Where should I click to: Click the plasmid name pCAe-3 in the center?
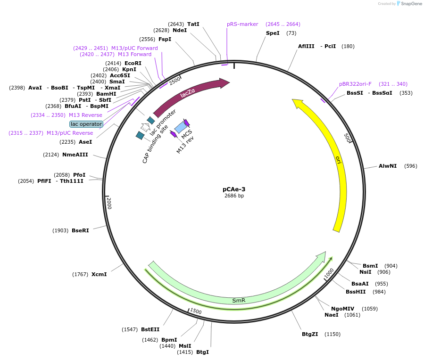point(234,189)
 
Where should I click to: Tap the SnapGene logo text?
point(411,3)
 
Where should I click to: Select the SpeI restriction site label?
point(273,33)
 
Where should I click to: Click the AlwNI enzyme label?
point(388,166)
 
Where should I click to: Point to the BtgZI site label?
point(310,334)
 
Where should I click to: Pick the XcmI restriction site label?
point(99,274)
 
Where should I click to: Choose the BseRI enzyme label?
point(80,230)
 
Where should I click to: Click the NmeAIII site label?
point(75,155)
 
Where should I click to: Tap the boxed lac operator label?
point(86,124)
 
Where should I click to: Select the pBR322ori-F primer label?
point(355,84)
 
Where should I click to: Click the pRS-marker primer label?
point(242,24)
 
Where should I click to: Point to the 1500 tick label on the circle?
point(196,311)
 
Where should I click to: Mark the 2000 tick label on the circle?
point(109,204)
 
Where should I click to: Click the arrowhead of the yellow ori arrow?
point(298,103)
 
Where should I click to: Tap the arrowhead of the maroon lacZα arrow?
point(224,83)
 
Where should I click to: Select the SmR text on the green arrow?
point(239,300)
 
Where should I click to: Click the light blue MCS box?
point(181,127)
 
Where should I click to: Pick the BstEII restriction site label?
point(150,329)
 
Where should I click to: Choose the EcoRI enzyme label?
point(133,63)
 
